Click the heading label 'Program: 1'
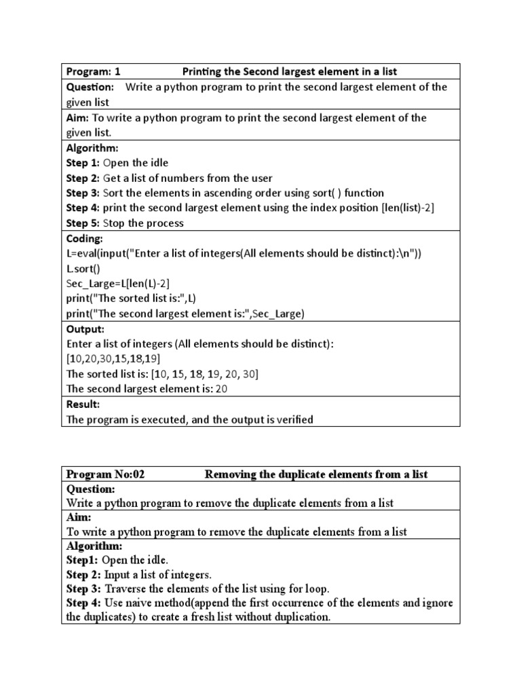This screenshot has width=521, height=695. point(93,71)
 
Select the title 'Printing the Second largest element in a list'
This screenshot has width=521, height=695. point(290,71)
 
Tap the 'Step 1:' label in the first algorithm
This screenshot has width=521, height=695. point(83,163)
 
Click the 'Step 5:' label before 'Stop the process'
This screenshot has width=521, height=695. point(83,223)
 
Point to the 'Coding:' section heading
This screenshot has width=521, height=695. point(85,238)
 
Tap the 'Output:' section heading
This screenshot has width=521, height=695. point(85,329)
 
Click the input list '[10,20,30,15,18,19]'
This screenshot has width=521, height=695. point(113,359)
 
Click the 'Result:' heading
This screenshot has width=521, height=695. point(83,405)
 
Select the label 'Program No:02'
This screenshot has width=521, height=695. point(105,474)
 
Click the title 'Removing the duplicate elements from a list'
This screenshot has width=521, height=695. point(316,474)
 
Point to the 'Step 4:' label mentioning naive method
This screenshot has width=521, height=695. point(83,603)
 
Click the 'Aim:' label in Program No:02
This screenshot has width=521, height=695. point(79,517)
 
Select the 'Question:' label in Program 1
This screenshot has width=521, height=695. point(90,87)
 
